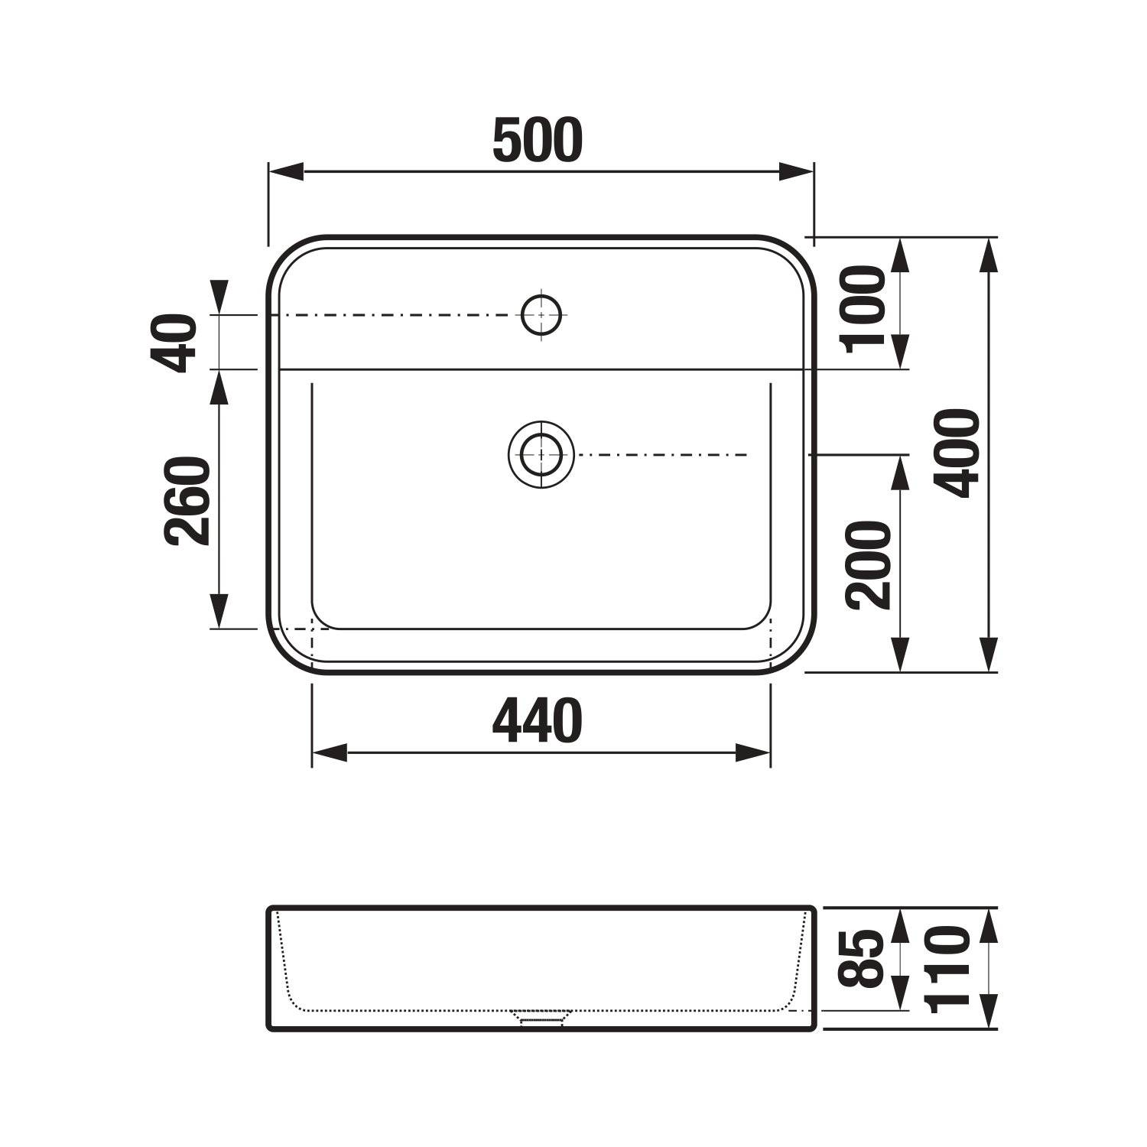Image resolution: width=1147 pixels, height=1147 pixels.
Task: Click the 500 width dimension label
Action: click(538, 141)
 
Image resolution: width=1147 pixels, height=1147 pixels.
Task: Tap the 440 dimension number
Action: click(538, 721)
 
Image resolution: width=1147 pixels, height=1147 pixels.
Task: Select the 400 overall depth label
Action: click(957, 453)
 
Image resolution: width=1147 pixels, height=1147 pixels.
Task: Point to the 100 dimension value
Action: click(862, 309)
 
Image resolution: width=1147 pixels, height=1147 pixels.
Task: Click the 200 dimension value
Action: click(869, 564)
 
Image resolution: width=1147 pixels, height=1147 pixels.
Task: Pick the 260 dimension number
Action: click(187, 501)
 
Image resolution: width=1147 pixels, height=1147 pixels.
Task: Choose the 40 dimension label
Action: click(175, 343)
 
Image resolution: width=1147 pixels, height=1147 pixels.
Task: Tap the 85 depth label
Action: click(862, 958)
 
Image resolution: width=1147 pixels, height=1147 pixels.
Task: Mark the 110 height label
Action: click(948, 970)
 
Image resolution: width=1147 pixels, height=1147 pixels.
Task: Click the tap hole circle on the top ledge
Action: click(541, 314)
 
